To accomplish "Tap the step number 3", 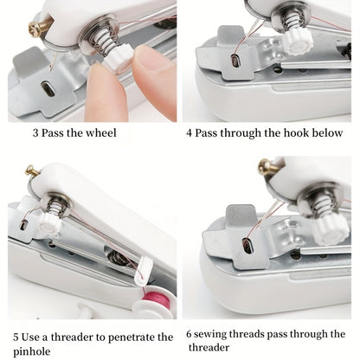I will point(35,133).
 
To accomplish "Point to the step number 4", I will point(190,133).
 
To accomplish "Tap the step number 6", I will point(190,334).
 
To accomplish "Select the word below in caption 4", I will point(327,133).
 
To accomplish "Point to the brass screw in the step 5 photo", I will point(32,171).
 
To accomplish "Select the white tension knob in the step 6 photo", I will point(330,229).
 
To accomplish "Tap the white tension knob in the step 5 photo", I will point(49,222).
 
